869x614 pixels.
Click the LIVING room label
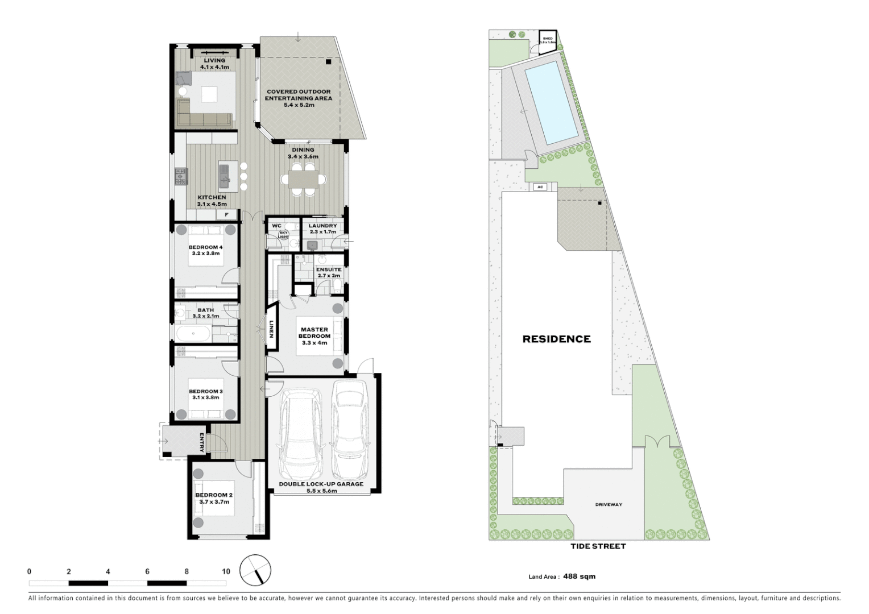[214, 60]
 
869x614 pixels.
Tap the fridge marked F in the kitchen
[226, 215]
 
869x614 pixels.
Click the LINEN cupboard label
[272, 329]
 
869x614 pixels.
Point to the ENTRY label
[202, 442]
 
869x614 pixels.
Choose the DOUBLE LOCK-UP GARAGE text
[321, 484]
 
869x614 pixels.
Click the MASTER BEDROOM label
[315, 333]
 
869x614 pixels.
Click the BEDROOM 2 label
[215, 495]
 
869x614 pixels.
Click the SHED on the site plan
[548, 40]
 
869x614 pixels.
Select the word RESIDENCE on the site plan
[556, 339]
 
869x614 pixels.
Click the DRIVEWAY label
[609, 504]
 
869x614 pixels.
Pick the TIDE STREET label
[598, 546]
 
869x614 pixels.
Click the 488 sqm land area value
[580, 576]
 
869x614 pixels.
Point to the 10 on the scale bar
[226, 571]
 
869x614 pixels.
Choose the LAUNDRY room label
[322, 226]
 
